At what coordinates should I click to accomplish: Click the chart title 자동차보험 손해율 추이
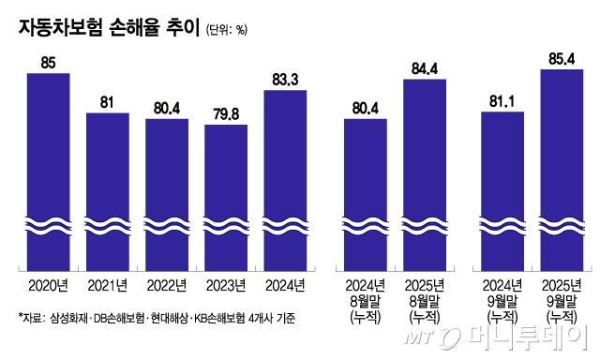click(104, 28)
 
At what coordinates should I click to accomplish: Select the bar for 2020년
click(48, 169)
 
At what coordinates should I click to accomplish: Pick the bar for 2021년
click(107, 187)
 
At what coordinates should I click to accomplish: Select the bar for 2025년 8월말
click(425, 173)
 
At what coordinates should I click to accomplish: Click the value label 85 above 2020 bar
click(48, 63)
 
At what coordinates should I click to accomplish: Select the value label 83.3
click(285, 81)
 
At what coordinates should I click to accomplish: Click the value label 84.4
click(425, 69)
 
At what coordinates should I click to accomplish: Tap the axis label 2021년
click(107, 285)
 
